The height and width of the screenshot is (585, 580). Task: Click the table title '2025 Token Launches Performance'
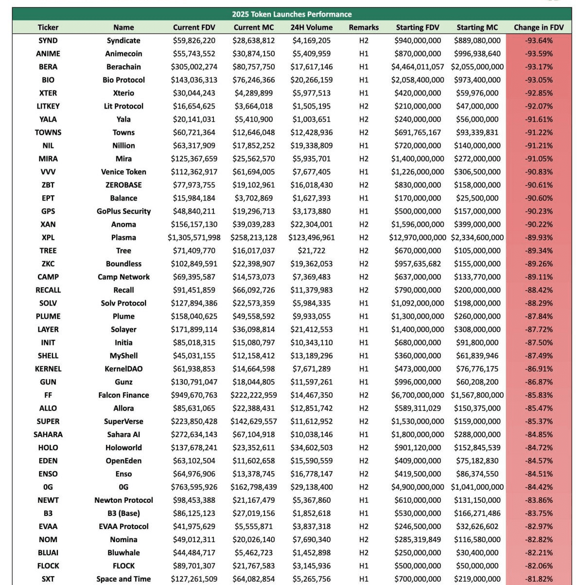pos(292,14)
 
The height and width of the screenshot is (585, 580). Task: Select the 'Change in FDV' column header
pos(539,27)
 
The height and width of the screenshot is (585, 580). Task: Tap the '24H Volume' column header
pos(312,27)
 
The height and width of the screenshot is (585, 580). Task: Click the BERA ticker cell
pos(48,67)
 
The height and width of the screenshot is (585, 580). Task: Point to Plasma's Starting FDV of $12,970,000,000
pos(418,238)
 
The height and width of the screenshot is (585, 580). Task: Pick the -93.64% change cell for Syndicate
pos(539,40)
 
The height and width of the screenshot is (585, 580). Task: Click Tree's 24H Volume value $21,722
pos(312,251)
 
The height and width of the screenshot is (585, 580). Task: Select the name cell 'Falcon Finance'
pos(123,395)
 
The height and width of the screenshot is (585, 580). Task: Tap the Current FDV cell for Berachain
pos(194,67)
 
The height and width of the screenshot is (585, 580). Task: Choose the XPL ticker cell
pos(48,238)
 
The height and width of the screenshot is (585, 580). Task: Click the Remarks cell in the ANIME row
pos(364,54)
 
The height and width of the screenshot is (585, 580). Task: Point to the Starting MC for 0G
pos(477,487)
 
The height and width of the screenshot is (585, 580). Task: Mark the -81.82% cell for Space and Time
pos(539,579)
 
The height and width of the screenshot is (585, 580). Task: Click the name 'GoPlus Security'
pos(123,211)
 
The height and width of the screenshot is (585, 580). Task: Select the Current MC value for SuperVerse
pos(254,421)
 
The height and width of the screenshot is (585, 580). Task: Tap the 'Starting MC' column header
pos(477,27)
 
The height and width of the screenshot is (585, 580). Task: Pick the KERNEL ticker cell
pos(48,369)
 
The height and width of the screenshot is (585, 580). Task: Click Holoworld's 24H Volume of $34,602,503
pos(312,448)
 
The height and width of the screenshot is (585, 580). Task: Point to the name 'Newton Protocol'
pos(123,500)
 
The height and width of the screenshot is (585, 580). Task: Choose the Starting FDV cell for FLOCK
pos(418,566)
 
